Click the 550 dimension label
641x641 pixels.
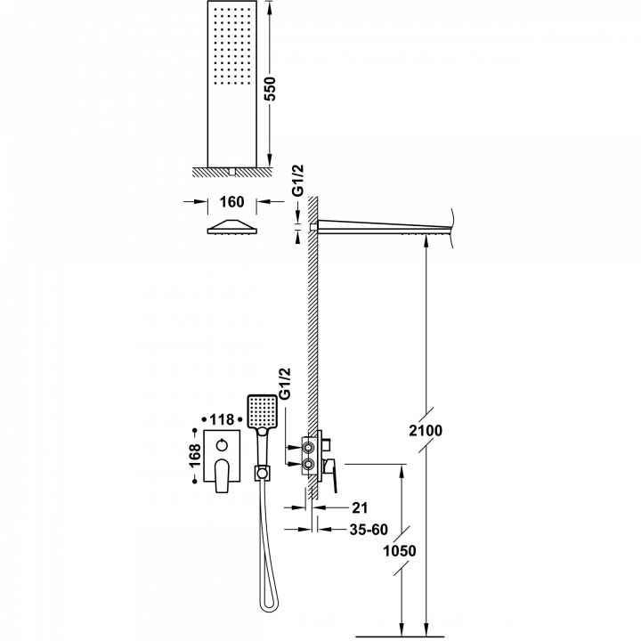click(x=271, y=89)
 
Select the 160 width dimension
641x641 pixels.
click(x=231, y=202)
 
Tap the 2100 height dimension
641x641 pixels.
click(x=426, y=431)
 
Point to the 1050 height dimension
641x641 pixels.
click(x=400, y=551)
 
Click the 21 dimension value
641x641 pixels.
click(x=360, y=507)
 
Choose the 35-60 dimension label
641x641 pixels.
click(x=369, y=530)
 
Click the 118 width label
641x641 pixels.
click(x=222, y=419)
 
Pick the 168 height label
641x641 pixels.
click(x=195, y=456)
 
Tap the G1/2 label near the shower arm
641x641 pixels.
click(x=299, y=180)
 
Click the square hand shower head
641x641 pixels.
click(x=262, y=411)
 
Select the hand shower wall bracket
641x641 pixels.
click(x=263, y=473)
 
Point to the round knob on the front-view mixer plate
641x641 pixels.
click(x=222, y=445)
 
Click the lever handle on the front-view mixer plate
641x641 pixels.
click(x=222, y=475)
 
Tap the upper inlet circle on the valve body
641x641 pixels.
click(x=309, y=447)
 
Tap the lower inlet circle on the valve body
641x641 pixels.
click(x=309, y=464)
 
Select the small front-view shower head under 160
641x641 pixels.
click(x=231, y=227)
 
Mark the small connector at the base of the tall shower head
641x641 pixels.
click(x=231, y=171)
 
